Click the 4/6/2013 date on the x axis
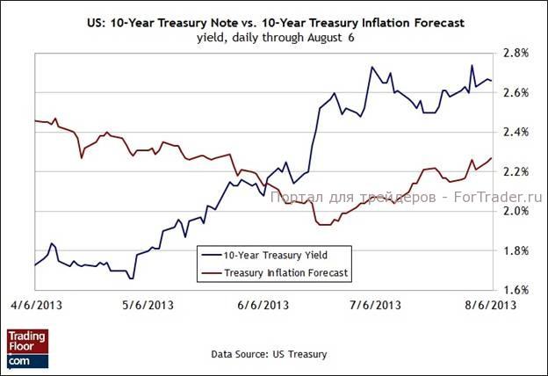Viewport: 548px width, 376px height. point(35,306)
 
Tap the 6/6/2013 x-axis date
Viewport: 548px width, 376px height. point(263,306)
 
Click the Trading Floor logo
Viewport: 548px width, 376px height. point(27,348)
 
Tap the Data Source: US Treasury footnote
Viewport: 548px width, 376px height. point(269,354)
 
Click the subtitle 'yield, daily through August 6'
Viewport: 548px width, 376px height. point(272,37)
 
